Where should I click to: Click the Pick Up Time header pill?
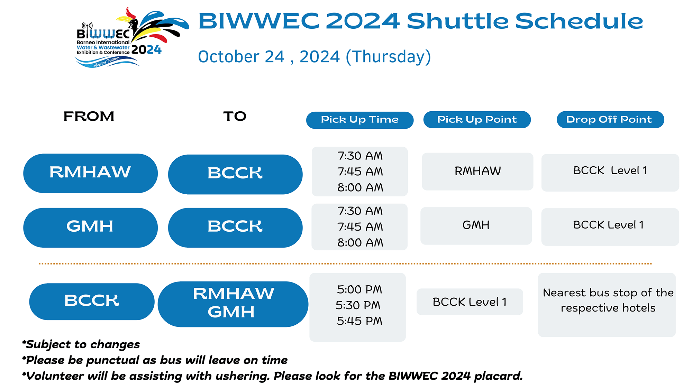point(360,120)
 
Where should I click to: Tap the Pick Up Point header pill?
point(477,120)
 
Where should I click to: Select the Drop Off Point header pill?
point(610,120)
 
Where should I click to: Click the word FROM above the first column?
point(89,116)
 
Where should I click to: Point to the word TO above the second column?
point(235,116)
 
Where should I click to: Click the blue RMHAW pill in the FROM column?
point(91,173)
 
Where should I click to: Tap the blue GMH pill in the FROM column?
point(91,228)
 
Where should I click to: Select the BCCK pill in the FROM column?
point(92,302)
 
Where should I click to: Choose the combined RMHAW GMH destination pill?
point(233,304)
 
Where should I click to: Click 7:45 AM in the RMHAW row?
point(360,172)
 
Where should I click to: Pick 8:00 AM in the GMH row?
point(360,243)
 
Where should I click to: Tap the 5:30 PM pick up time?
point(358,305)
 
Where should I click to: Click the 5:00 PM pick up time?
point(359,289)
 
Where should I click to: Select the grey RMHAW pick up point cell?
point(477,172)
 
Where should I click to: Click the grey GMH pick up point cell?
point(476,226)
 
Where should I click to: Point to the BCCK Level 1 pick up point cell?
point(470,302)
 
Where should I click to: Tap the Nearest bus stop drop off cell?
point(607,305)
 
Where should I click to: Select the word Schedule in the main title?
point(579,21)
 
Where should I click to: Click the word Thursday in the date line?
point(389,57)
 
